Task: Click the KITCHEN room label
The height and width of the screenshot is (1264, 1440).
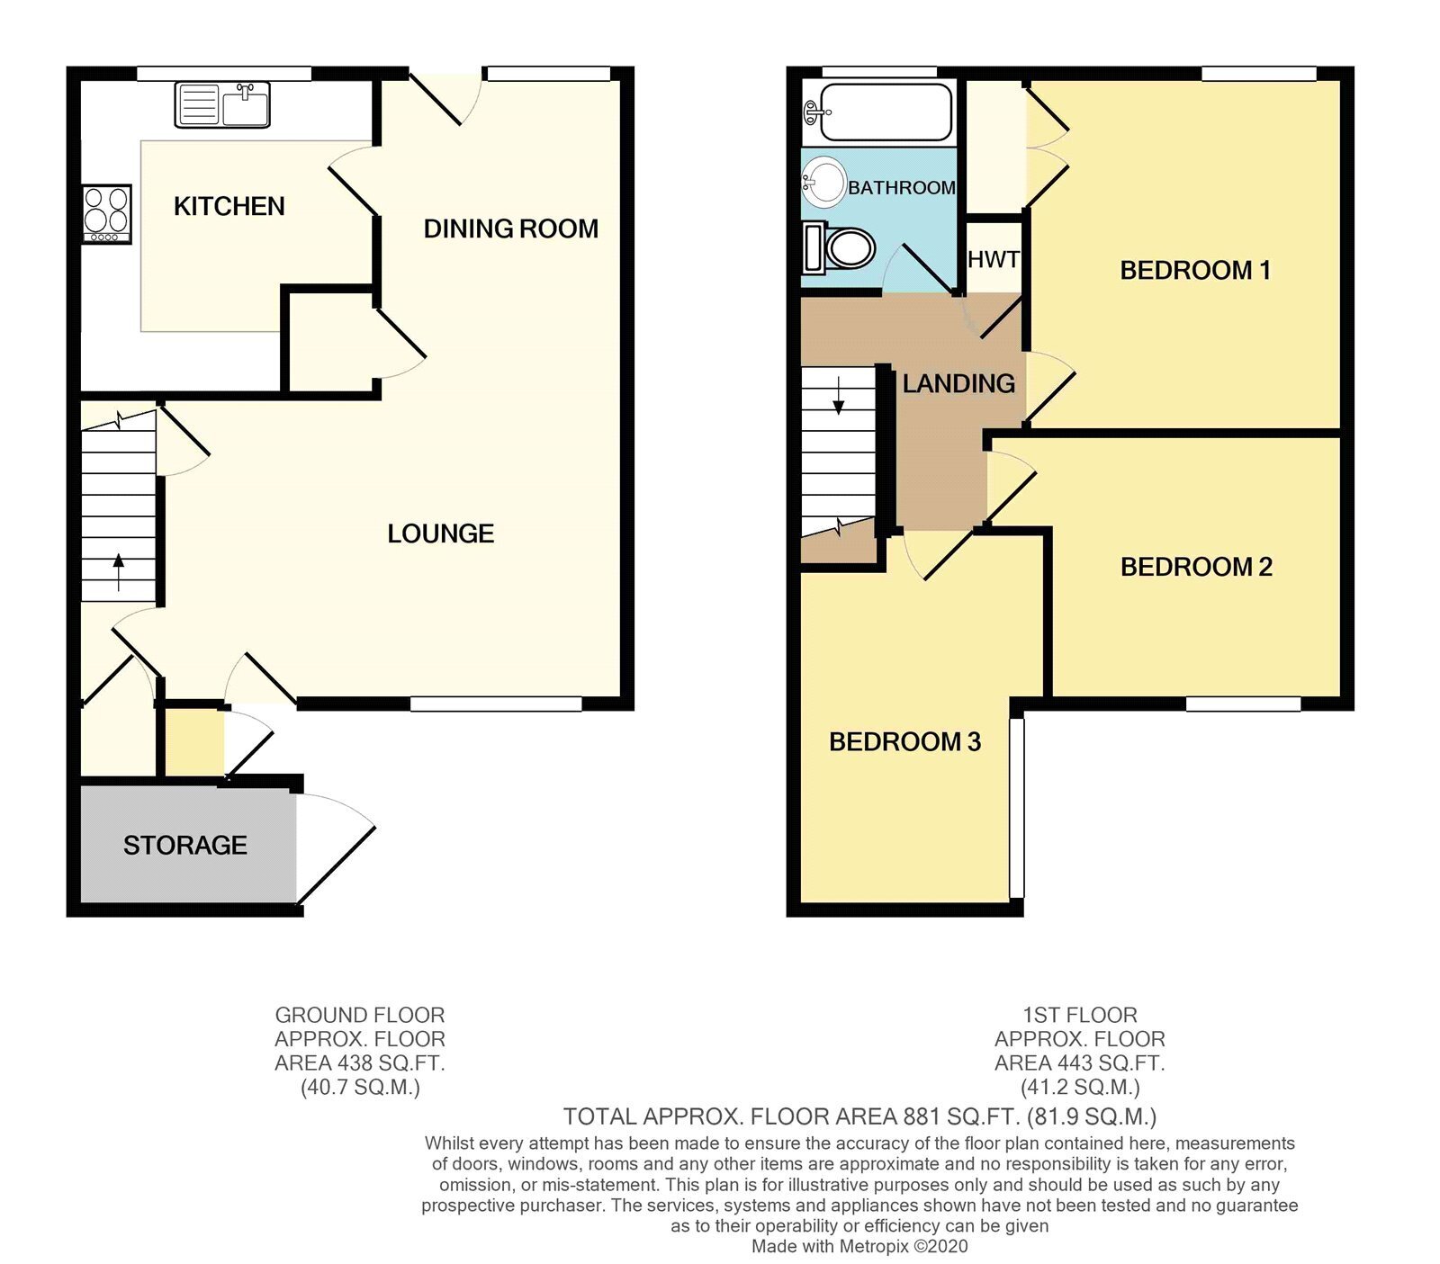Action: coord(229,206)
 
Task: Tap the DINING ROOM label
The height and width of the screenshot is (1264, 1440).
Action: coord(510,229)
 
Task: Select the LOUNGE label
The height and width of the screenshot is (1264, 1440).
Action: coord(440,533)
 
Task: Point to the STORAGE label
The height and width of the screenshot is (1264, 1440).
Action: coord(184,845)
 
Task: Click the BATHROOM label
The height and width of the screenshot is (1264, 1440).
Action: coord(901,187)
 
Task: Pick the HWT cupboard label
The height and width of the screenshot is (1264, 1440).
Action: coord(994,259)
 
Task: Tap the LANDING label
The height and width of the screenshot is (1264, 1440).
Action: coord(958,383)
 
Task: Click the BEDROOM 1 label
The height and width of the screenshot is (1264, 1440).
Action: coord(1194,270)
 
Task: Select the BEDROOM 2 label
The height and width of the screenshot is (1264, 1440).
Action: coord(1196,567)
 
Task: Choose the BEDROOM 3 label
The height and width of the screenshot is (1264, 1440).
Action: coord(904,741)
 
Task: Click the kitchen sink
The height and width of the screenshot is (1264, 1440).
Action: coord(222,104)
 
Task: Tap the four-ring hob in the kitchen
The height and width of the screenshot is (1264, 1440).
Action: coord(107,214)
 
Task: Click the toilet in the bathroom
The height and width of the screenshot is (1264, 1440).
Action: coord(839,247)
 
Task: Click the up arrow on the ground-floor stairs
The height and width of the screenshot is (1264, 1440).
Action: coord(118,571)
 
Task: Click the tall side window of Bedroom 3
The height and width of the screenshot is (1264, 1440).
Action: coord(1017,807)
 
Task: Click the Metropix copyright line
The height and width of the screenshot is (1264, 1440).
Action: coord(859,1246)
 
